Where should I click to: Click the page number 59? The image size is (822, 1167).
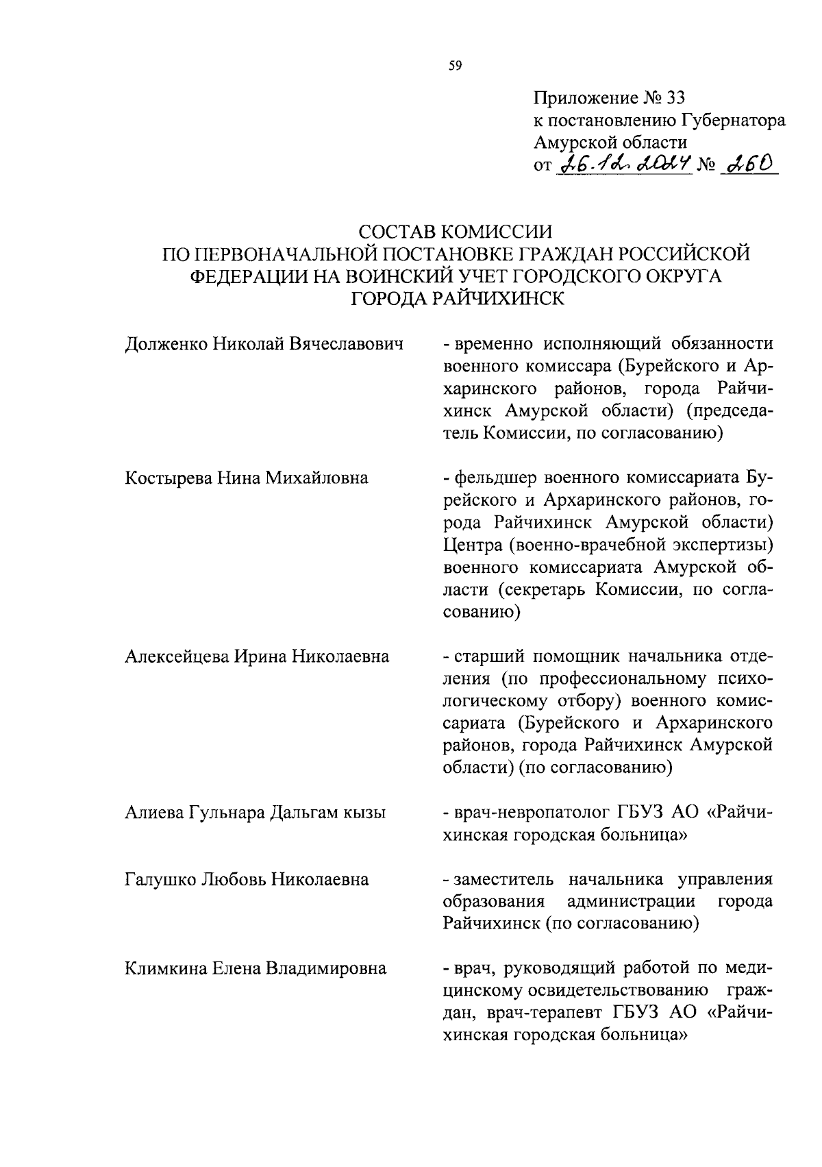coord(456,66)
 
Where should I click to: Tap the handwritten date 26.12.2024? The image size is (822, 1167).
coord(625,164)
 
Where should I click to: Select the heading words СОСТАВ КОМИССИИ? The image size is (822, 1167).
coord(456,232)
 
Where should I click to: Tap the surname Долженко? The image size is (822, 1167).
coord(165,344)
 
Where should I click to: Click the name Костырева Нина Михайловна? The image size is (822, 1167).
coord(247,478)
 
